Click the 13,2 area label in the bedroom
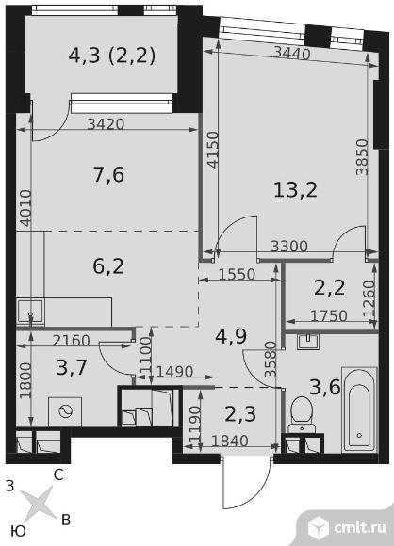point(295,190)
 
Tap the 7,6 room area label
point(108,174)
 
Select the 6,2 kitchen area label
point(108,266)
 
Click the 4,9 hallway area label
point(231,336)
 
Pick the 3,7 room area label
point(72,367)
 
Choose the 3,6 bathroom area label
point(325,387)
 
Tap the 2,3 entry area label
point(240,414)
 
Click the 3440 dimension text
point(291,54)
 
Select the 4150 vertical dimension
point(212,150)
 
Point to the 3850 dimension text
point(362,157)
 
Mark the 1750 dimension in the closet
point(329,315)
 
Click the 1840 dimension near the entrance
point(230,442)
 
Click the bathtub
point(359,409)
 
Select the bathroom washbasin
point(308,341)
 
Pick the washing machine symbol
point(65,412)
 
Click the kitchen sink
point(30,312)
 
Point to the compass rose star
point(37,505)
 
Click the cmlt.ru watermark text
point(360,527)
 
